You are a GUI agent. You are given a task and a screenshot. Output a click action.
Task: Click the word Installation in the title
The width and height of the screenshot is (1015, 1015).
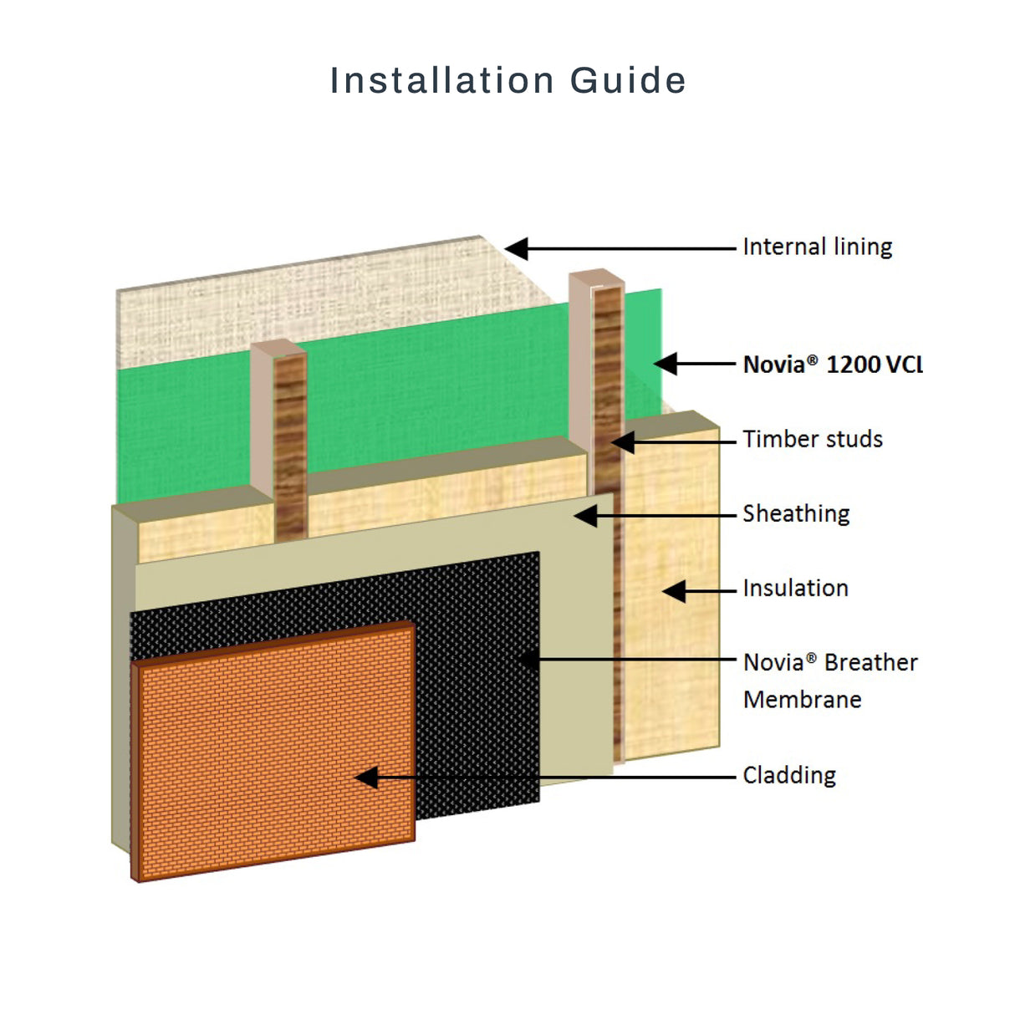coord(442,81)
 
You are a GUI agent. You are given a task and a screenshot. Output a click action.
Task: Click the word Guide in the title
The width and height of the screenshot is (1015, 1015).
coord(628,81)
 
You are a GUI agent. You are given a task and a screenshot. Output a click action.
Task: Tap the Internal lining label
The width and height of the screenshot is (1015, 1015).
coord(817,247)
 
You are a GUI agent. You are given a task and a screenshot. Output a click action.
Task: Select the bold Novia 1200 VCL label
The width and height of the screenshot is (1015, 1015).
coord(833,365)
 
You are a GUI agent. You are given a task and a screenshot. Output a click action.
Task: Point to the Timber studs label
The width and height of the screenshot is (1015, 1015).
coord(812,439)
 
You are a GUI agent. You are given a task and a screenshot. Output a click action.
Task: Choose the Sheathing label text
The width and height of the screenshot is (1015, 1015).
coord(796,513)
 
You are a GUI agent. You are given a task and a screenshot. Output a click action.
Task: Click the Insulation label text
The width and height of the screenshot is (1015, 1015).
coord(795,588)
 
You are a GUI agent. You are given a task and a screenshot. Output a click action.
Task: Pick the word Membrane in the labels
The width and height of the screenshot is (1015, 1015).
coord(802,699)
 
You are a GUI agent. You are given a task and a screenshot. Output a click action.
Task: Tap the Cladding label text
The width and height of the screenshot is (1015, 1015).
coord(789,775)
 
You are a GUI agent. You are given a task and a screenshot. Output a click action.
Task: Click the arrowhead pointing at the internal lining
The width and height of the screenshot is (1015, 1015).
coord(516,248)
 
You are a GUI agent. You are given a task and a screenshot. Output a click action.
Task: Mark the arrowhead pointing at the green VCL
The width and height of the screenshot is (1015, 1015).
coord(666,364)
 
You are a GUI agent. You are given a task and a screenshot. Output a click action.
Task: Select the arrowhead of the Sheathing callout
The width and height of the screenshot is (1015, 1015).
coord(586,516)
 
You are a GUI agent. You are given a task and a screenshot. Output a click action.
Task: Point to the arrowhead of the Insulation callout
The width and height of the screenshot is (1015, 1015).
coord(674,591)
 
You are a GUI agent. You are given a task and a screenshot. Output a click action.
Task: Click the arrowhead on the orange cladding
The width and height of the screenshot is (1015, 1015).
coord(366,778)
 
